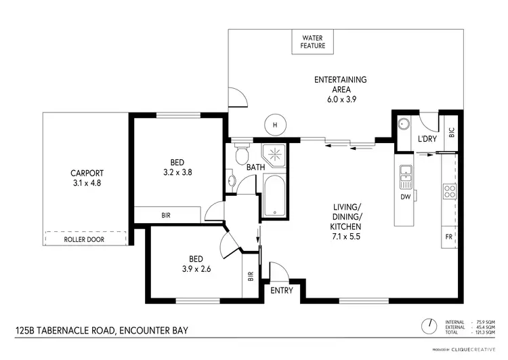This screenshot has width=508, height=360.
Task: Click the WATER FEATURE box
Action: [x=313, y=42]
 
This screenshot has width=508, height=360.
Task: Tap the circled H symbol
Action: [x=274, y=124]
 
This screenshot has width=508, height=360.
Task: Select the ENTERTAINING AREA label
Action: [x=341, y=89]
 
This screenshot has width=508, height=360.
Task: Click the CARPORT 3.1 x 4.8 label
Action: [x=86, y=178]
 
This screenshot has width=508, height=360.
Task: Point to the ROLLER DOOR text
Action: [x=85, y=239]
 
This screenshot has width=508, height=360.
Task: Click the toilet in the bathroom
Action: [x=238, y=156]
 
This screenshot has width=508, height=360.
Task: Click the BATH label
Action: [x=255, y=167]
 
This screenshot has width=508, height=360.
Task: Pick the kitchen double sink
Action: [x=406, y=177]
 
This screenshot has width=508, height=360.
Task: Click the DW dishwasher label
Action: [x=406, y=197]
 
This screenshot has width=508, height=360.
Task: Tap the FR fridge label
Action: [x=449, y=237]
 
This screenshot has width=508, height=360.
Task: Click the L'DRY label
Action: [x=427, y=139]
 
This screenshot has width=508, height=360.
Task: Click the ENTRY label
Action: [x=281, y=290]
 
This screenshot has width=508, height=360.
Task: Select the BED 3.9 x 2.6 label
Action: [x=197, y=262]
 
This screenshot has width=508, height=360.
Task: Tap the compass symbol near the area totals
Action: [x=427, y=325]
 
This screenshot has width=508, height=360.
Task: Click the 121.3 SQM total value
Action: [x=484, y=332]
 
